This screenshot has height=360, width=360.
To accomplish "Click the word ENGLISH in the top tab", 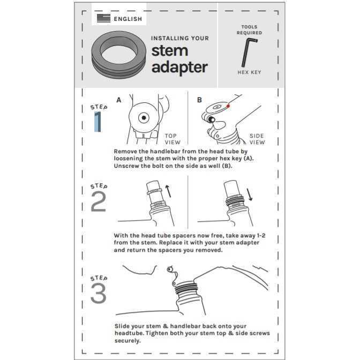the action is (x=128, y=19).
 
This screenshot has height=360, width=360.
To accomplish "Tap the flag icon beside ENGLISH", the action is (x=103, y=18).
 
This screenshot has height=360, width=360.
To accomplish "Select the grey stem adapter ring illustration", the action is (x=119, y=55).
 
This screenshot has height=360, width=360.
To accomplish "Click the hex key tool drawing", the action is (x=249, y=52).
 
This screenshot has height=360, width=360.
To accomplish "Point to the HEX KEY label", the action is (x=249, y=72).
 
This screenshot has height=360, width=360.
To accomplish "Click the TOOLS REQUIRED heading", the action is (x=249, y=30).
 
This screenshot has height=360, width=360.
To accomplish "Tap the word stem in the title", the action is (x=170, y=51).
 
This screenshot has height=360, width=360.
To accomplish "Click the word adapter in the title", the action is (x=179, y=67).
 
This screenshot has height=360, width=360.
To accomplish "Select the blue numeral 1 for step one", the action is (x=98, y=122).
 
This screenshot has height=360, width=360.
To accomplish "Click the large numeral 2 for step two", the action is (x=99, y=201).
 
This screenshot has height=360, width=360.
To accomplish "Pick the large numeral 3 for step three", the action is (x=99, y=293).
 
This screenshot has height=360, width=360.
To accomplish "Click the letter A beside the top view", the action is (x=119, y=100).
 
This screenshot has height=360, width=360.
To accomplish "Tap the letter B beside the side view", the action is (x=199, y=100).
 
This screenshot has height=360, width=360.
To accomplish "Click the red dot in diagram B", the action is (x=228, y=106).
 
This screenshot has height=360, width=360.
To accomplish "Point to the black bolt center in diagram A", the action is (x=144, y=118).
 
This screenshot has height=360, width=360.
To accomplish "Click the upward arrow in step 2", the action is (x=168, y=191).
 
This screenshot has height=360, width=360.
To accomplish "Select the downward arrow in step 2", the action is (x=250, y=194).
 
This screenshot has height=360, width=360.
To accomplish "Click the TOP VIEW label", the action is (x=172, y=139).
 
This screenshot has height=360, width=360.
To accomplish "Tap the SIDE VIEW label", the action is (x=257, y=139).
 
